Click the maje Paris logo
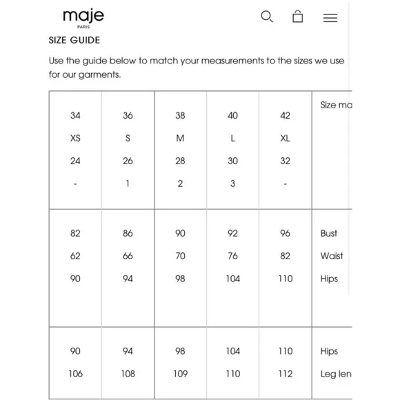[83, 17]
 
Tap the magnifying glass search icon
[267, 17]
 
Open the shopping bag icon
[298, 17]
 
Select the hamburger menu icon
[330, 18]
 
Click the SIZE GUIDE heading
[74, 41]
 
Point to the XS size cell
[75, 138]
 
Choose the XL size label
[286, 138]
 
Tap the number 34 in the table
[75, 116]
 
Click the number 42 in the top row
[286, 116]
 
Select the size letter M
[180, 138]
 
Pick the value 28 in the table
[180, 161]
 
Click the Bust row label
[329, 233]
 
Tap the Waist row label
[332, 256]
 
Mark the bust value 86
[128, 233]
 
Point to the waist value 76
[233, 256]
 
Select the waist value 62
[75, 256]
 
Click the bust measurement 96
[286, 233]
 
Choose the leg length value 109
[180, 374]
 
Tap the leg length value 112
[286, 374]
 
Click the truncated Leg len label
[336, 374]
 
